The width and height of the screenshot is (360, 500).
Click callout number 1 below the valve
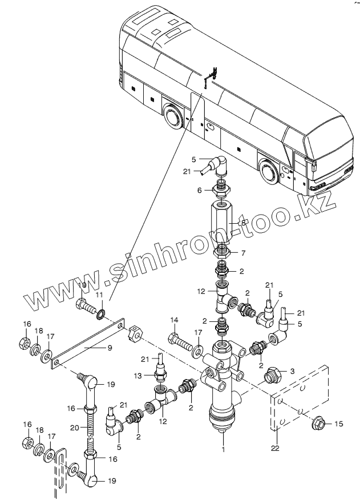224,449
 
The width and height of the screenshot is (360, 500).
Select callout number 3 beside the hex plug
292,371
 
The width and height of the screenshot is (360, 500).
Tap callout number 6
199,190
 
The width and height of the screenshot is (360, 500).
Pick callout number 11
99,295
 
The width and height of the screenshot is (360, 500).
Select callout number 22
276,448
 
